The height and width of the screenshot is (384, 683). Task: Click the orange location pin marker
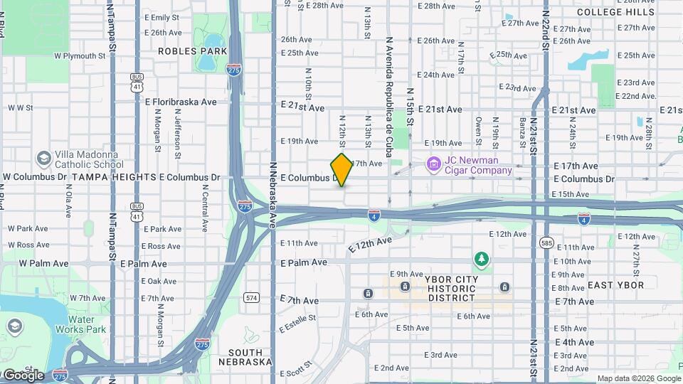342,169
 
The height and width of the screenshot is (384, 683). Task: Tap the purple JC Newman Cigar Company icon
433,165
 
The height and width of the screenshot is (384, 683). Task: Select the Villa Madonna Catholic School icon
43,158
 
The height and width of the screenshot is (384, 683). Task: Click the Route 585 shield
546,242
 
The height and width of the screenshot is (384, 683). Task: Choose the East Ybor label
615,285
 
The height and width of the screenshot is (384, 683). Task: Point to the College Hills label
616,12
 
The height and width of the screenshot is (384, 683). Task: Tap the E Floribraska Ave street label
181,102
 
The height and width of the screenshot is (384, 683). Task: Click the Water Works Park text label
86,324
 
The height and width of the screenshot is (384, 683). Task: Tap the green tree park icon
482,259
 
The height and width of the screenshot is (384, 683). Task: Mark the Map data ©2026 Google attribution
637,379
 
